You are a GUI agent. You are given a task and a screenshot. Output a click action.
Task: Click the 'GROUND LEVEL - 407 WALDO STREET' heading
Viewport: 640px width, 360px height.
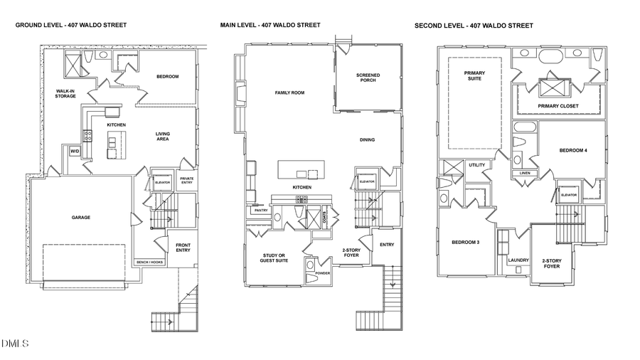71,25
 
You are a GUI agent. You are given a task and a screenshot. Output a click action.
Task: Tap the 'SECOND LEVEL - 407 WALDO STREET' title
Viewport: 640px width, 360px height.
474,26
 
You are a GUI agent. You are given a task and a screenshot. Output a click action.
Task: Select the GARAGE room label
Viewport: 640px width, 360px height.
80,218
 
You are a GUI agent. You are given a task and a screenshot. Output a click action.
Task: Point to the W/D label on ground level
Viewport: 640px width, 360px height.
74,152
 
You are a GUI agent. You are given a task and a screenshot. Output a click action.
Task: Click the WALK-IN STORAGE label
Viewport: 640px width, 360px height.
65,93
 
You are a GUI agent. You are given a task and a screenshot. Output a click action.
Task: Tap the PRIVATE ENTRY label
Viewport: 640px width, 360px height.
186,180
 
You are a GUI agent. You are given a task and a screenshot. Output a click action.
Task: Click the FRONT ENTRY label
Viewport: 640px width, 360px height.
183,247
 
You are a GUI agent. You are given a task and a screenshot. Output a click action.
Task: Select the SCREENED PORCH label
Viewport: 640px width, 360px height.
368,77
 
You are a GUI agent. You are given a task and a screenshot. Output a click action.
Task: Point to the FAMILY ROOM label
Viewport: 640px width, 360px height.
289,93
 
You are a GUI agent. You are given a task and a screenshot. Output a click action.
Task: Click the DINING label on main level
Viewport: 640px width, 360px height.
367,139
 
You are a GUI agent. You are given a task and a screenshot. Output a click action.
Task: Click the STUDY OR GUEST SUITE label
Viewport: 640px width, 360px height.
272,258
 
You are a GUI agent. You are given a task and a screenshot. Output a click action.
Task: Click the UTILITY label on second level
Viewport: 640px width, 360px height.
476,165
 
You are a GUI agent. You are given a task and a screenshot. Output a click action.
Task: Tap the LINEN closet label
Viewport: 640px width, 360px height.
525,173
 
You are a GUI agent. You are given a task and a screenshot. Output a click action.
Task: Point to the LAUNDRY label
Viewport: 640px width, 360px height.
518,260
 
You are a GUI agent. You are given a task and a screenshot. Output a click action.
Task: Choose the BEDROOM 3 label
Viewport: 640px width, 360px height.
466,243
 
